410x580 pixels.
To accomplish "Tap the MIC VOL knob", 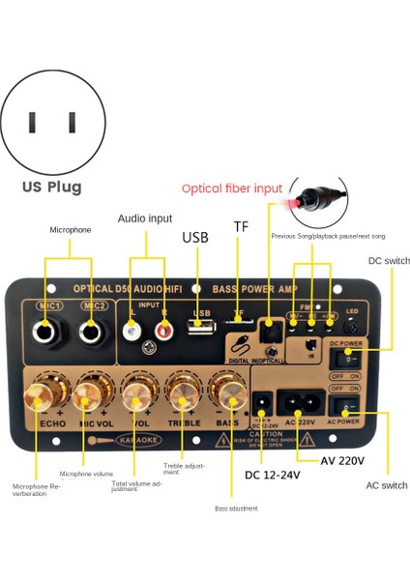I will pyautogui.click(x=88, y=392).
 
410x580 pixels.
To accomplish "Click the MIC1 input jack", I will pyautogui.click(x=44, y=333).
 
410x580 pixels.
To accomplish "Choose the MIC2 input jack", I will pyautogui.click(x=94, y=333).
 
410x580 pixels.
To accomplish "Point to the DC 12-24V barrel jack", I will pyautogui.click(x=262, y=401).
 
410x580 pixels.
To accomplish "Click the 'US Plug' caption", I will pyautogui.click(x=52, y=187).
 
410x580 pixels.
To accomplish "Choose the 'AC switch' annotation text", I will pyautogui.click(x=386, y=485).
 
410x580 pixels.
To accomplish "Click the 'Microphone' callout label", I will pyautogui.click(x=71, y=230).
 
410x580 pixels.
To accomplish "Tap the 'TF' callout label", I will pyautogui.click(x=241, y=226).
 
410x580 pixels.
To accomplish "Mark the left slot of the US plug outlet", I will pyautogui.click(x=33, y=123).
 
